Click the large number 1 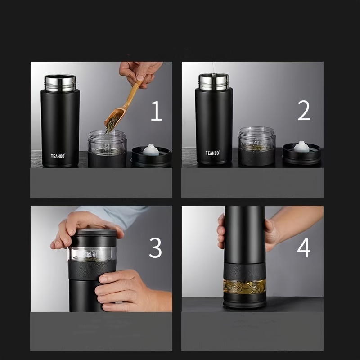(157, 111)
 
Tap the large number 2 (304, 111)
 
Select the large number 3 (155, 248)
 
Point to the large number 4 (304, 248)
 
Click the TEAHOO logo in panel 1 (58, 156)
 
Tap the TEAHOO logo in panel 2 (212, 153)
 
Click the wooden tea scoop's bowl (114, 118)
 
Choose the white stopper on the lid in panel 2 (301, 147)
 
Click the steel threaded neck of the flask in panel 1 (60, 83)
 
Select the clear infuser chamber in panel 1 (107, 142)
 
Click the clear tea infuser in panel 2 (256, 139)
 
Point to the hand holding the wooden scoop (139, 73)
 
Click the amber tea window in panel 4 (245, 287)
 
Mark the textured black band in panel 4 (245, 271)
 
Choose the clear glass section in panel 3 (92, 254)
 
